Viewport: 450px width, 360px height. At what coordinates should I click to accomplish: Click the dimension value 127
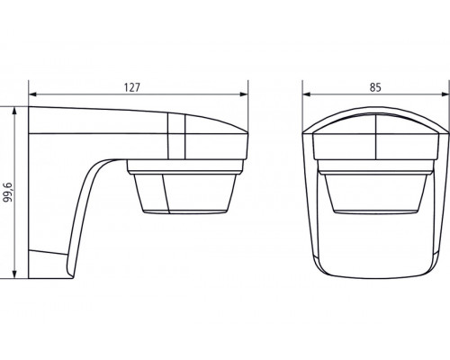click(x=132, y=87)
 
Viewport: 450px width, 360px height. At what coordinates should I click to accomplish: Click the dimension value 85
click(x=375, y=87)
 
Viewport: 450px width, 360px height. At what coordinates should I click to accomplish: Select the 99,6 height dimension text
click(x=9, y=192)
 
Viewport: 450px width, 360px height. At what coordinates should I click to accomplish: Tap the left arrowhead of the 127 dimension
click(x=32, y=94)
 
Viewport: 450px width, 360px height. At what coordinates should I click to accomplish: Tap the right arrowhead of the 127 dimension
click(x=244, y=94)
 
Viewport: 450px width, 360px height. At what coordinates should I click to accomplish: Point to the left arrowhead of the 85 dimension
click(x=306, y=94)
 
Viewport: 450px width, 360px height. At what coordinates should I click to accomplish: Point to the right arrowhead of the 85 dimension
click(x=445, y=94)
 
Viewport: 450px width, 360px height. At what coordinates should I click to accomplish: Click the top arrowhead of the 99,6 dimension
click(x=14, y=111)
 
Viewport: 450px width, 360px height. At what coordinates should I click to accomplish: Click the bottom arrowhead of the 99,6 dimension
click(x=14, y=274)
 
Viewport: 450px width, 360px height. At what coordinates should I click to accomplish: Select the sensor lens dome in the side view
click(x=184, y=193)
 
